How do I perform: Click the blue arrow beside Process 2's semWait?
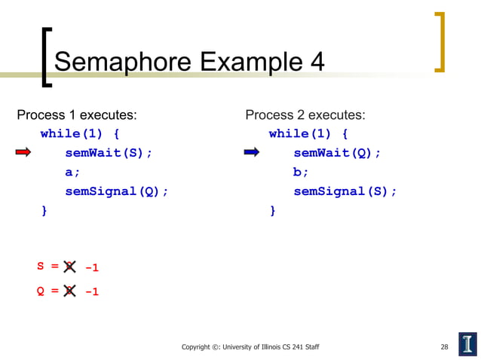coord(251,153)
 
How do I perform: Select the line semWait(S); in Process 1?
coord(109,153)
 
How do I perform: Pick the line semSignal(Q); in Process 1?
coord(116,191)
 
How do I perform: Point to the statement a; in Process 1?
coord(72,172)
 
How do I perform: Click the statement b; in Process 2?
coord(301,172)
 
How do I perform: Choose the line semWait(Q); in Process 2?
coord(337,153)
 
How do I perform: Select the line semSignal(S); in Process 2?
coord(345,191)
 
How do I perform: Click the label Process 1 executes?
coord(77,115)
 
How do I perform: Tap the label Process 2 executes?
coord(305,115)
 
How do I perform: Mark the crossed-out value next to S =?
coord(69,267)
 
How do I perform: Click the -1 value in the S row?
coord(91,267)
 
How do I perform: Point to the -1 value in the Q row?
coord(91,291)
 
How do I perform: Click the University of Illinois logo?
coord(467,343)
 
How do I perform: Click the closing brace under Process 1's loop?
coord(44,211)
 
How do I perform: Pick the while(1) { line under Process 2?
coord(308,134)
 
